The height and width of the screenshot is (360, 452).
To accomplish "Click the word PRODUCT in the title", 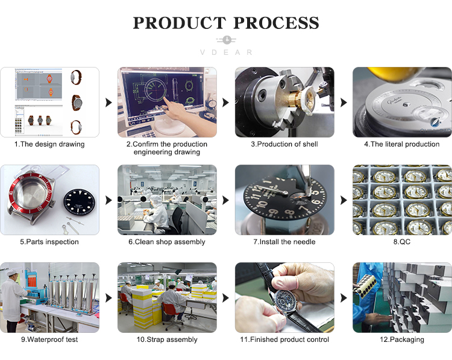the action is pos(180,23).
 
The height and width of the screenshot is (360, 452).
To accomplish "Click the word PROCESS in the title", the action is pos(276,23).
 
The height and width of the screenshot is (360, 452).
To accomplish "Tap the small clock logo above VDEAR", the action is pos(227,40).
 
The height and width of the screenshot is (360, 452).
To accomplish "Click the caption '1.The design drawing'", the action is pos(49,144).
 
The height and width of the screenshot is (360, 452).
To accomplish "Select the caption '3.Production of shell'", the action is pos(284,144).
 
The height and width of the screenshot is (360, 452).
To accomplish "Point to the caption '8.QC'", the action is pos(402,242).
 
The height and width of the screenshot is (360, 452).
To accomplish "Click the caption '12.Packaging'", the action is pos(402,339).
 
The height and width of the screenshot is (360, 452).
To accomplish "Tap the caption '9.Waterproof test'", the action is pos(49,339).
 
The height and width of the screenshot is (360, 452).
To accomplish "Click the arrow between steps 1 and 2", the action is pos(108,103).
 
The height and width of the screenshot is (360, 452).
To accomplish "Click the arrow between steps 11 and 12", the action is pos(344,298).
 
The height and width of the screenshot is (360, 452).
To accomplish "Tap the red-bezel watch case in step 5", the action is pos(31,198).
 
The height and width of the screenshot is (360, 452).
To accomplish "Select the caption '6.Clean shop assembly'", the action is pos(167,242).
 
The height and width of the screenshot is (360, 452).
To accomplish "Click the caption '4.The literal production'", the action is pos(402,144).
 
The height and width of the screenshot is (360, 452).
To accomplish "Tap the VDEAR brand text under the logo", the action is pos(226,52).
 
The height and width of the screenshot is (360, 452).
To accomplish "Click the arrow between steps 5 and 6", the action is pos(108,200).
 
